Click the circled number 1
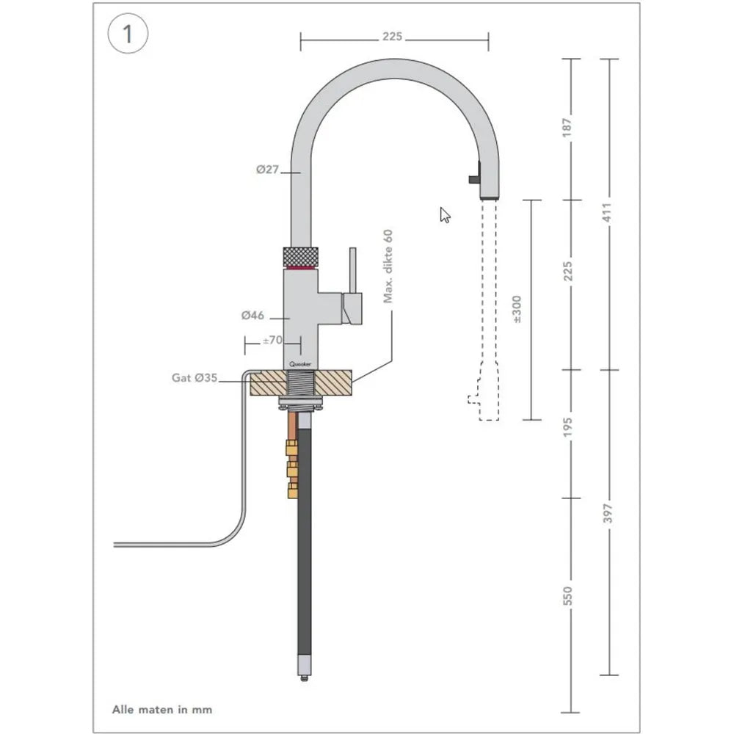pyautogui.click(x=128, y=34)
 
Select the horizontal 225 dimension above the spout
pyautogui.click(x=394, y=36)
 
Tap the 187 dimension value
pyautogui.click(x=567, y=128)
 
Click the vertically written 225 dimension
pyautogui.click(x=567, y=272)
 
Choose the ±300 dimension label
pyautogui.click(x=517, y=310)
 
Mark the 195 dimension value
pyautogui.click(x=567, y=425)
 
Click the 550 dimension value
pyautogui.click(x=567, y=597)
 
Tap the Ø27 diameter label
pyautogui.click(x=268, y=170)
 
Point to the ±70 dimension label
pyautogui.click(x=272, y=340)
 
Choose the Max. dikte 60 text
pyautogui.click(x=388, y=266)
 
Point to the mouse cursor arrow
pyautogui.click(x=445, y=214)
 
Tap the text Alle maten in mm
pyautogui.click(x=161, y=709)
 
